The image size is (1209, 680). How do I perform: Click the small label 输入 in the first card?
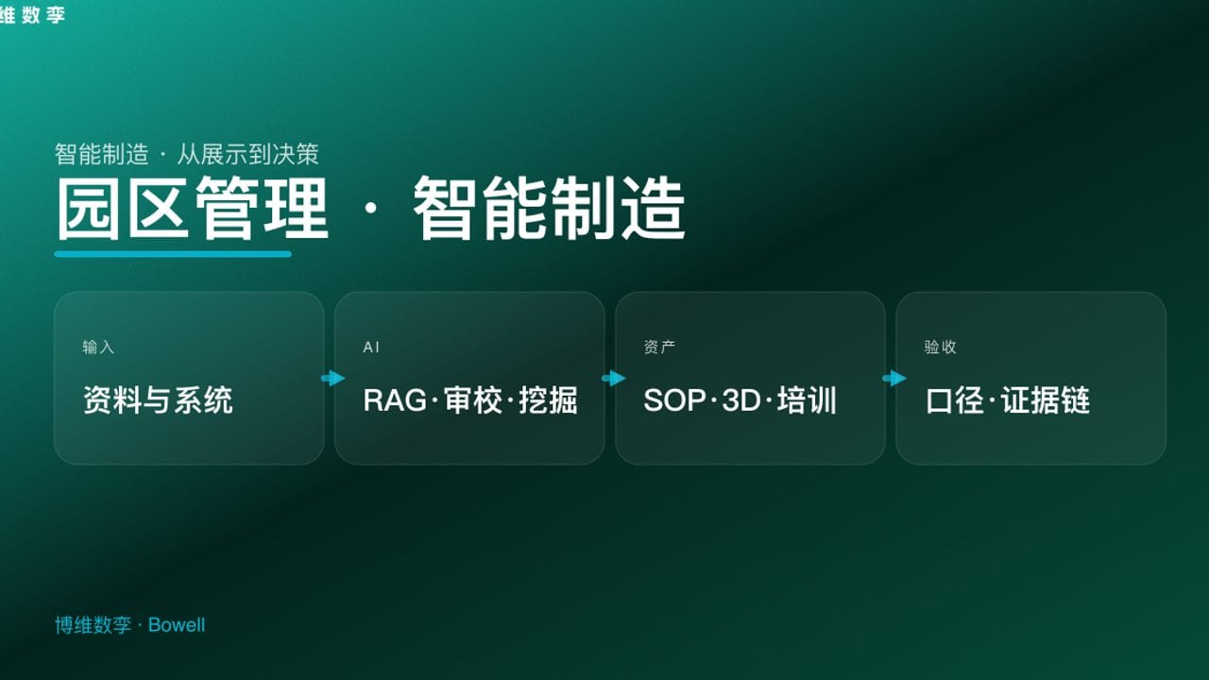point(98,348)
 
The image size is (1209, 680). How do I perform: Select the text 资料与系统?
point(158,400)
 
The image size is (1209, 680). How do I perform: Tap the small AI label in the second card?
point(371,348)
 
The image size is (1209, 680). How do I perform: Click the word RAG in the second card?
point(395,400)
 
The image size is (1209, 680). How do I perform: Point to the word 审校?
point(473,400)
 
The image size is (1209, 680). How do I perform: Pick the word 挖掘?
point(549,400)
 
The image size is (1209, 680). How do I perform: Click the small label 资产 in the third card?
point(659,348)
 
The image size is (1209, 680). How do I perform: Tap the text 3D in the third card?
point(741,400)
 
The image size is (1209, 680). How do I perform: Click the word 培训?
point(808,400)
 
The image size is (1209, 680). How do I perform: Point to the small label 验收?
point(940,348)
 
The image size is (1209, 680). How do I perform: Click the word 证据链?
point(1047,400)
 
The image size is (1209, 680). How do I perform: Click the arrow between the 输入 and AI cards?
point(332,379)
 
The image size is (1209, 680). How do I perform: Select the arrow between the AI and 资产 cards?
point(613,379)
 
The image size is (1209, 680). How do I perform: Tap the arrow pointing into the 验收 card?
point(894,379)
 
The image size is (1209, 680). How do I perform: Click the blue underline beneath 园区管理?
point(173,254)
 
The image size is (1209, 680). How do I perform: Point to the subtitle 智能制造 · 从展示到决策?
point(187,154)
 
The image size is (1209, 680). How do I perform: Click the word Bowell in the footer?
point(177,625)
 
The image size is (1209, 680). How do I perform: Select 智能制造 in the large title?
point(549,210)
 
